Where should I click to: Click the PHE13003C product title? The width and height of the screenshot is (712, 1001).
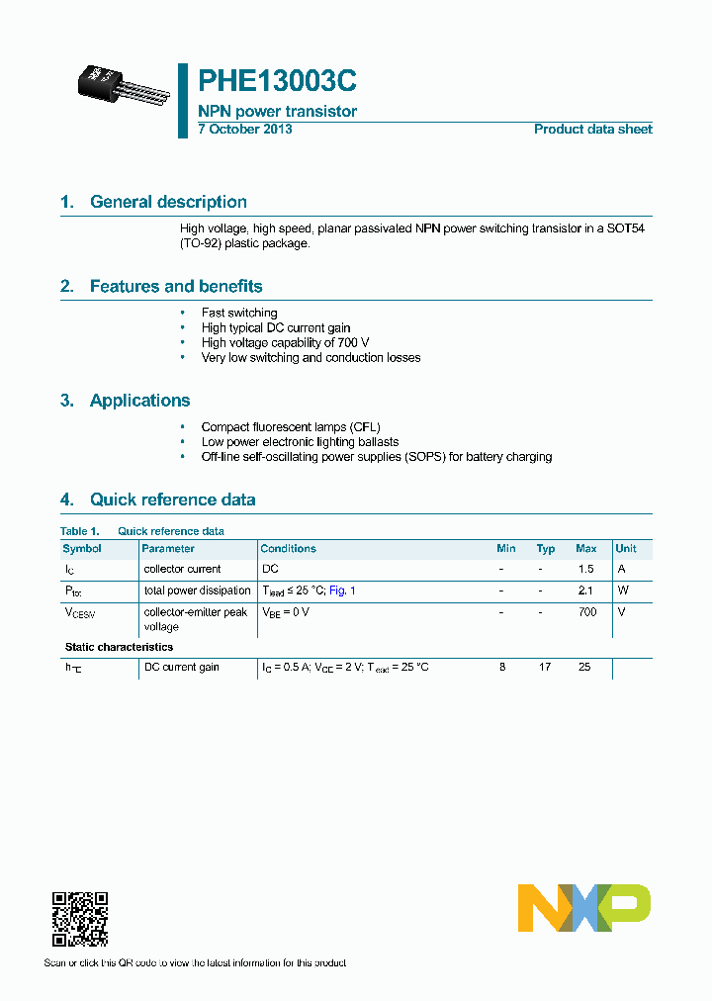pos(277,81)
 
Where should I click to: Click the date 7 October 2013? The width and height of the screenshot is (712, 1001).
pos(244,130)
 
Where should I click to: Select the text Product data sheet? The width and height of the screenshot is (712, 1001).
pos(592,130)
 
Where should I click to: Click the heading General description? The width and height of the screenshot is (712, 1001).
pos(168,202)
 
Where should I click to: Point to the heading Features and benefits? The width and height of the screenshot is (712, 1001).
pos(176,287)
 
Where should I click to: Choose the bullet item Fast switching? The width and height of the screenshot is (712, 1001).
pos(239,314)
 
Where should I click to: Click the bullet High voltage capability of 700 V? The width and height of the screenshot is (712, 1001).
pos(285,343)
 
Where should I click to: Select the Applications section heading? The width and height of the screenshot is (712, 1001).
pos(139,401)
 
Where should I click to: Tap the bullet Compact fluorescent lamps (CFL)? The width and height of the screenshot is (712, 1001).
pos(291,427)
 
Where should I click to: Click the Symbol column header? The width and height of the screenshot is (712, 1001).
pos(82,549)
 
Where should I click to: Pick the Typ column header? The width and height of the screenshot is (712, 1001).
pos(545,549)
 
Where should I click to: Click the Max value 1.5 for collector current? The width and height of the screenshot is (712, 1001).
pos(585,570)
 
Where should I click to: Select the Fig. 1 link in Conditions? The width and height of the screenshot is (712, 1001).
pos(341,591)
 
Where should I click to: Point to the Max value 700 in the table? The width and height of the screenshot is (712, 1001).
pos(586,612)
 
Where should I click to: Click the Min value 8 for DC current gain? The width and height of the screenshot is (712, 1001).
pos(502,668)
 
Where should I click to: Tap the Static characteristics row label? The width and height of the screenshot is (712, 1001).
pos(119,647)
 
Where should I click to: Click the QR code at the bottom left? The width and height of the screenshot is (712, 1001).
pos(79,919)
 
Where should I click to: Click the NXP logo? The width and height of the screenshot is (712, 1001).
pos(583,908)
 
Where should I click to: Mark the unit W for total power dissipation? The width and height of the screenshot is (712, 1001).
pos(622,591)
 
